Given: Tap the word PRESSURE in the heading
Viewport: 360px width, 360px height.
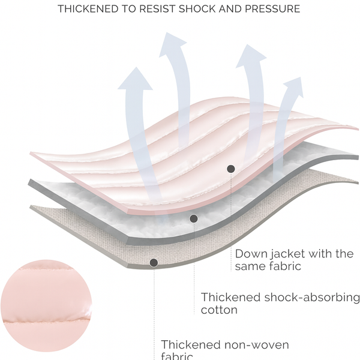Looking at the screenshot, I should tap(274, 10).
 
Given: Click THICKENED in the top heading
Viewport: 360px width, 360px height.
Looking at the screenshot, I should tap(87, 10).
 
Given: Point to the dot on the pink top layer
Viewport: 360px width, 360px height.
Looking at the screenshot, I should tap(230, 169).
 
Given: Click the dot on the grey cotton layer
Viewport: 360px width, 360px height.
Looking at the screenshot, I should tap(193, 218).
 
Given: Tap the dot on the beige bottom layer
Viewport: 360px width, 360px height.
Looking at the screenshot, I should tap(154, 262).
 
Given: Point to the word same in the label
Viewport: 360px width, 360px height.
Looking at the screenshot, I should tap(250, 266).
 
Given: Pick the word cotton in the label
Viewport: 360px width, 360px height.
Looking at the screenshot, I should tap(219, 310).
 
